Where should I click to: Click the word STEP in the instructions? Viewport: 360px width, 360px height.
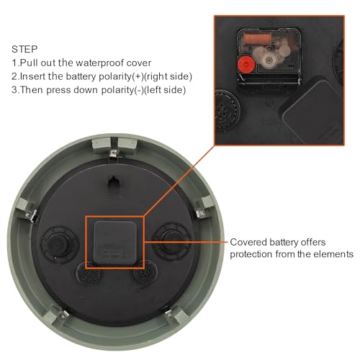click(25, 49)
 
